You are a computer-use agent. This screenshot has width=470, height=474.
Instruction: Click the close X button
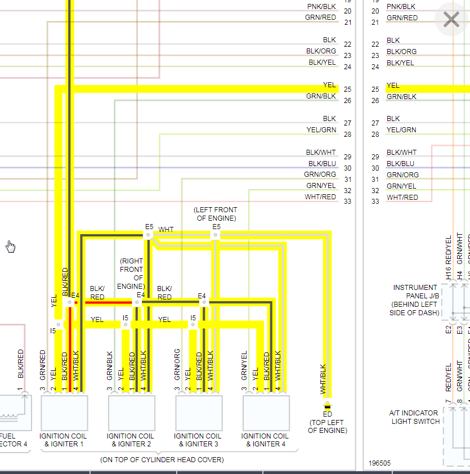(451, 20)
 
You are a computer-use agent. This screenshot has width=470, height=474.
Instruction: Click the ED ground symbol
(327, 405)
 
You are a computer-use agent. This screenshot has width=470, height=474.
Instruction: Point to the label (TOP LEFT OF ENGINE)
(327, 426)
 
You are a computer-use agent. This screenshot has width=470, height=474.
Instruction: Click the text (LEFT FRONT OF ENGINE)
(216, 214)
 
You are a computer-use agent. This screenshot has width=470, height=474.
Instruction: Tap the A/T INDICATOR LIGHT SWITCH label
(415, 417)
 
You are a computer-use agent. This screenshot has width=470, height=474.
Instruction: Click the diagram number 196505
(379, 463)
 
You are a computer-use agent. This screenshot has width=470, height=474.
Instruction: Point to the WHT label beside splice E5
(166, 230)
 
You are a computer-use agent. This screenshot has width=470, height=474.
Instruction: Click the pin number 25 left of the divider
(347, 90)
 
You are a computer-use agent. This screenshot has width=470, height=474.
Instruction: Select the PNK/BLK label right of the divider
(401, 7)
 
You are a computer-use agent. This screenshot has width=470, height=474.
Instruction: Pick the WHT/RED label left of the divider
(320, 197)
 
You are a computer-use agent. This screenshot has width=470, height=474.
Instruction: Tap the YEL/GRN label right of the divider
(401, 130)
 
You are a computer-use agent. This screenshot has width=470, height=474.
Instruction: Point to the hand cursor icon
(11, 247)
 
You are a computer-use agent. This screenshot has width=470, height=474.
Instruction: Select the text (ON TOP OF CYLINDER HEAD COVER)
(162, 460)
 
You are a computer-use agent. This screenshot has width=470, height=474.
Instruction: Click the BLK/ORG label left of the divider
(321, 51)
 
